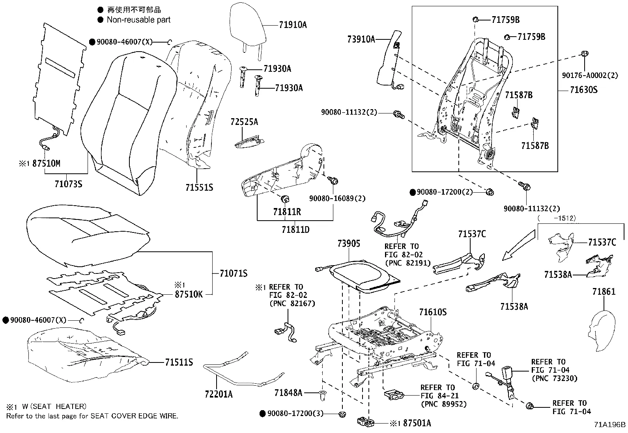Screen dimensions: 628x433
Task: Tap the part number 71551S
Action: point(199,188)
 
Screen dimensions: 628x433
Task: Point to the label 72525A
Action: point(244,122)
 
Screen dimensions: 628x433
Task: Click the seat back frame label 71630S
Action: point(583,90)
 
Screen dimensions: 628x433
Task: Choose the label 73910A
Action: point(361,39)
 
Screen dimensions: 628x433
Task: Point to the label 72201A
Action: point(218,394)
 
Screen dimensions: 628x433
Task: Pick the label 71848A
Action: point(288,393)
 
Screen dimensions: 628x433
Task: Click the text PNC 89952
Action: point(444,404)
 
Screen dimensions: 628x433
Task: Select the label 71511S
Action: point(179,362)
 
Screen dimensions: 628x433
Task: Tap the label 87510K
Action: point(189,294)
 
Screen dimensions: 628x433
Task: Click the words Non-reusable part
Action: point(138,20)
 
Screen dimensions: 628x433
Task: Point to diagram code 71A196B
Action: point(610,424)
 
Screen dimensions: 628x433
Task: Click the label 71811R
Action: point(287,212)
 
